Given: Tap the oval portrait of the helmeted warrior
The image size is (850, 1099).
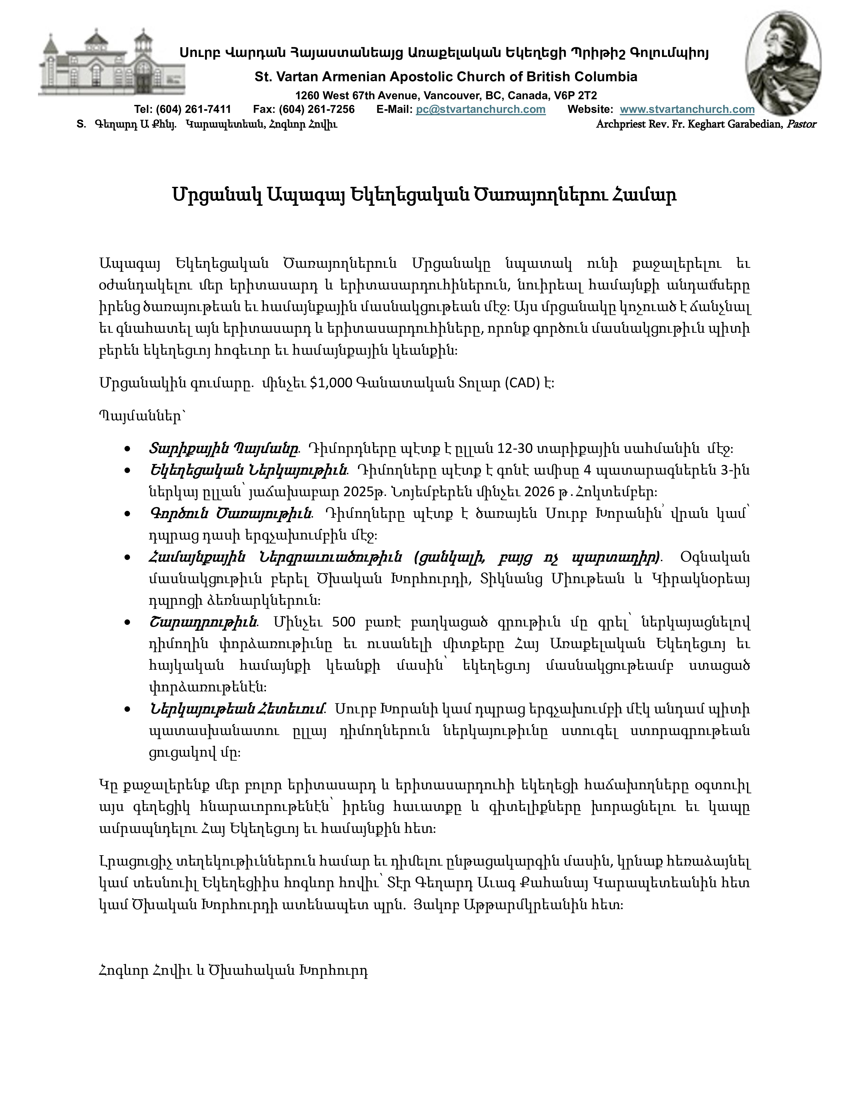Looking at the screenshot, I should click(x=783, y=63).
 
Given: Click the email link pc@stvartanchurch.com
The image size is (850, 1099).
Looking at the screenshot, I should click(x=480, y=110).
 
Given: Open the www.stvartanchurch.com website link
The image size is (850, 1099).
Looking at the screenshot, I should click(x=687, y=110).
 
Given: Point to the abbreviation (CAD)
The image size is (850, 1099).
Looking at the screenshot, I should click(x=522, y=383).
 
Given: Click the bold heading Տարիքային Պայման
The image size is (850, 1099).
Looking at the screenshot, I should click(x=223, y=448).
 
